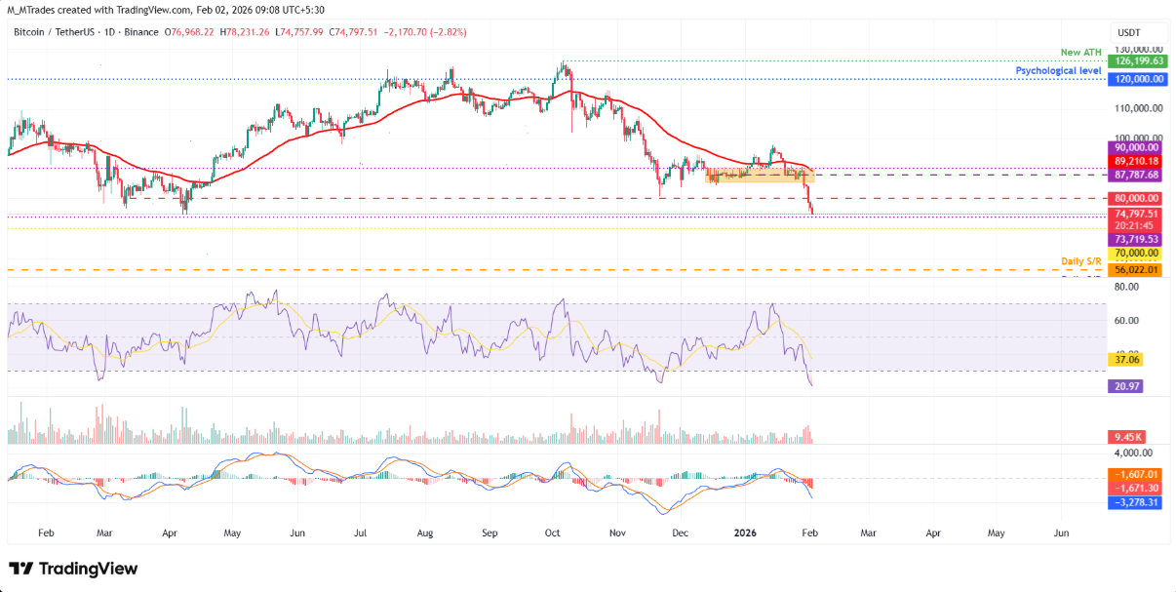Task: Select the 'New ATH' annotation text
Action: coord(1081,52)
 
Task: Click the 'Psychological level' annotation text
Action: coord(1058,71)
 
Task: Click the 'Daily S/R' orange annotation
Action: coord(1081,261)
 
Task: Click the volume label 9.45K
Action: coord(1127,437)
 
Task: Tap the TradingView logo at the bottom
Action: coord(74,569)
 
